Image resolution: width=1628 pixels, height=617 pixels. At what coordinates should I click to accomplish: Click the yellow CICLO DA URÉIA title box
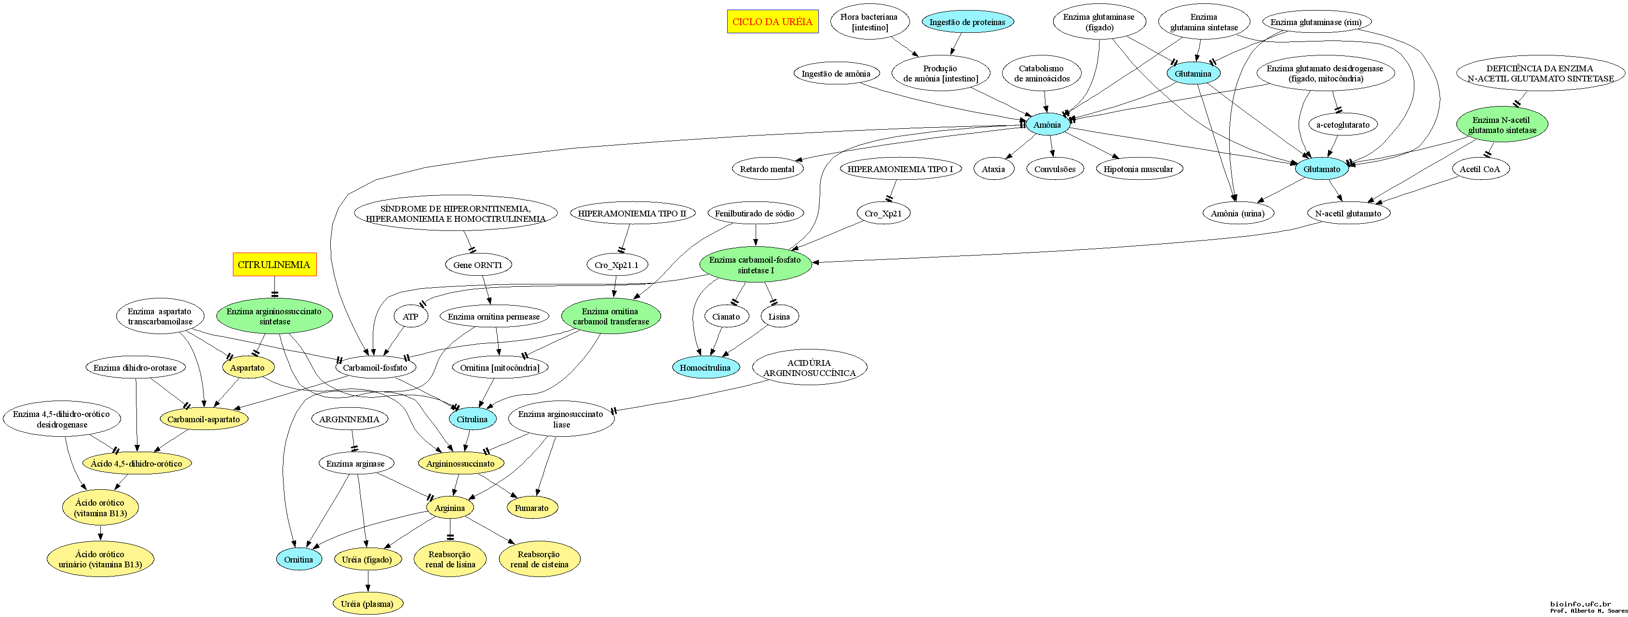tap(773, 22)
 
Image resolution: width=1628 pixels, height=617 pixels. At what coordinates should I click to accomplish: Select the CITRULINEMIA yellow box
tap(274, 265)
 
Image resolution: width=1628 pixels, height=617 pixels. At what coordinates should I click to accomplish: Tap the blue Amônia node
tap(1047, 125)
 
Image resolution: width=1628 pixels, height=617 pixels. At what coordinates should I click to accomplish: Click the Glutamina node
tap(1193, 74)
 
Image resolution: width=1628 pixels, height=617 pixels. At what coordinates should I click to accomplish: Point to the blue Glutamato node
tap(1321, 169)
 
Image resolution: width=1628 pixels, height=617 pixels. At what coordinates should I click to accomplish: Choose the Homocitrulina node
tap(705, 367)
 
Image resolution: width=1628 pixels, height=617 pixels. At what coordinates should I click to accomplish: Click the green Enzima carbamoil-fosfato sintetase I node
tap(755, 265)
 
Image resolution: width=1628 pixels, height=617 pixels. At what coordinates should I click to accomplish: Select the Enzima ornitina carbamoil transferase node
tap(610, 316)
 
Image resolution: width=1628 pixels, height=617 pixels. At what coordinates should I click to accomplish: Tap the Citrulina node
tap(472, 419)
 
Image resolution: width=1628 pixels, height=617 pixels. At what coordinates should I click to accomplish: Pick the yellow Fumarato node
tap(531, 508)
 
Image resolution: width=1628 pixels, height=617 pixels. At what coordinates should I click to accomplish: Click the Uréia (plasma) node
tap(367, 604)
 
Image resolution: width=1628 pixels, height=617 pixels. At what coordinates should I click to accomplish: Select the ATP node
tap(410, 316)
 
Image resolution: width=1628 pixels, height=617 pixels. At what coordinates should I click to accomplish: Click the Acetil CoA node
tap(1479, 169)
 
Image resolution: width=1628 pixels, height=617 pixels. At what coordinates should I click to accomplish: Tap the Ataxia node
tap(993, 169)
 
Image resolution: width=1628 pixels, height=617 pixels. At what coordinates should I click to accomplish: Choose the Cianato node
tap(726, 316)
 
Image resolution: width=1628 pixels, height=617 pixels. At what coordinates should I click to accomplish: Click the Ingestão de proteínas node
tap(967, 22)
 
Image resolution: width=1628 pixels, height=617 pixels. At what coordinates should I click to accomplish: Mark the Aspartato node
tap(247, 367)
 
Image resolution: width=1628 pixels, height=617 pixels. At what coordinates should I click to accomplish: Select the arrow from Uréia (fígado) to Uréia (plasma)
tap(368, 581)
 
